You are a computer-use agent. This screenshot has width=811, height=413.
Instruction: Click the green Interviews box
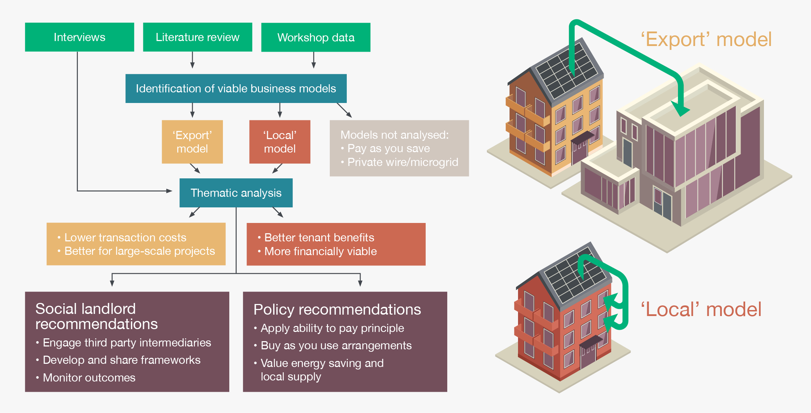coord(80,37)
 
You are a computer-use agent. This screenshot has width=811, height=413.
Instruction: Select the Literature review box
coord(197,37)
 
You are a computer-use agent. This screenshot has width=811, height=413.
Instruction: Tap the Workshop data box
coord(316,38)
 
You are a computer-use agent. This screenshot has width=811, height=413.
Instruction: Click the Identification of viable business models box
coord(236,88)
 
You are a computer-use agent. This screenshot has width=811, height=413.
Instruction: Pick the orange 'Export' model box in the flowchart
coord(192,142)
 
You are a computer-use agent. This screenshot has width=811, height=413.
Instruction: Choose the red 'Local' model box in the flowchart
coord(280,142)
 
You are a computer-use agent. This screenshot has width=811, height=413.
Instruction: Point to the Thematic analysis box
coord(236,193)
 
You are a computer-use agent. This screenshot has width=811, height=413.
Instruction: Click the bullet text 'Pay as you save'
coord(389,148)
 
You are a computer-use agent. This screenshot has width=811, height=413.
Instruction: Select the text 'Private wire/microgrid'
coord(403,162)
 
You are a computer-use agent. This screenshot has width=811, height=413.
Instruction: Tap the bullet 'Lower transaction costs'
coord(125,237)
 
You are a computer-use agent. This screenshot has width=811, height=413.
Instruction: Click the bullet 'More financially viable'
coord(320,251)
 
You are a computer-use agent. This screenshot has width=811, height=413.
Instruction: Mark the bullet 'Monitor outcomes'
coord(89,378)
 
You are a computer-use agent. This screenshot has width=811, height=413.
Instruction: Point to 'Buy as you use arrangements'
coord(336,345)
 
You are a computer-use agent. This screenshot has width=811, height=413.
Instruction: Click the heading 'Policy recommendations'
coord(337,309)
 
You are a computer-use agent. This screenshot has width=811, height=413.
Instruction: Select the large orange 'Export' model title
coord(706,39)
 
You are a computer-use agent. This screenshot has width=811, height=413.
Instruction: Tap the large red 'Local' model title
coord(701,309)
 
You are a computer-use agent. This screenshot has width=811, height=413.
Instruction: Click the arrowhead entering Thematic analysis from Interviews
coord(169,191)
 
